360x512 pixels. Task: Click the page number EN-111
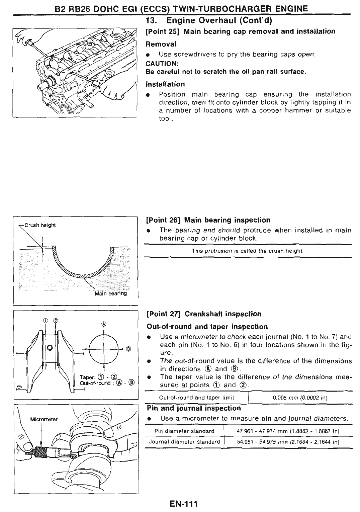coord(184,503)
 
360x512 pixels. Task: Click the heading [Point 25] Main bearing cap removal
coord(241,31)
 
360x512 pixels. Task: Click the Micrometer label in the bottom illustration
coord(44,419)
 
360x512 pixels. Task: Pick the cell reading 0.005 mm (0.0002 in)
coord(300,398)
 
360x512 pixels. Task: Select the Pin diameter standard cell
coord(184,431)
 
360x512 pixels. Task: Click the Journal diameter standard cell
coord(184,442)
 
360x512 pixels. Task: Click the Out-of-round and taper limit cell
coord(196,398)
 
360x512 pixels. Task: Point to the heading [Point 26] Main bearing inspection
coord(208,220)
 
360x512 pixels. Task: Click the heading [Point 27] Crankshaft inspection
coord(204,314)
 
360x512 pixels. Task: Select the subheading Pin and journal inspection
coord(194,408)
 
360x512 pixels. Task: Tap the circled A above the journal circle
coord(103,324)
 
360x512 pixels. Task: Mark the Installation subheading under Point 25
coord(166,84)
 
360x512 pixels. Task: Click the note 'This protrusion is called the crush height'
coord(248,251)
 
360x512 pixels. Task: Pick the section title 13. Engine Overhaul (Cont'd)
coord(209,21)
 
